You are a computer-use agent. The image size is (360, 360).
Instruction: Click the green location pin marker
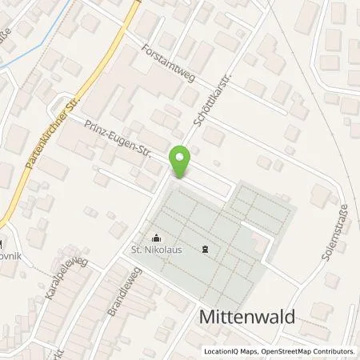coord(181,163)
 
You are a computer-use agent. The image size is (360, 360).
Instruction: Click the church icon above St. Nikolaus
coord(155,237)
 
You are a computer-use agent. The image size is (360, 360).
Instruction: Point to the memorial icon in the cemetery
coord(206,250)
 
